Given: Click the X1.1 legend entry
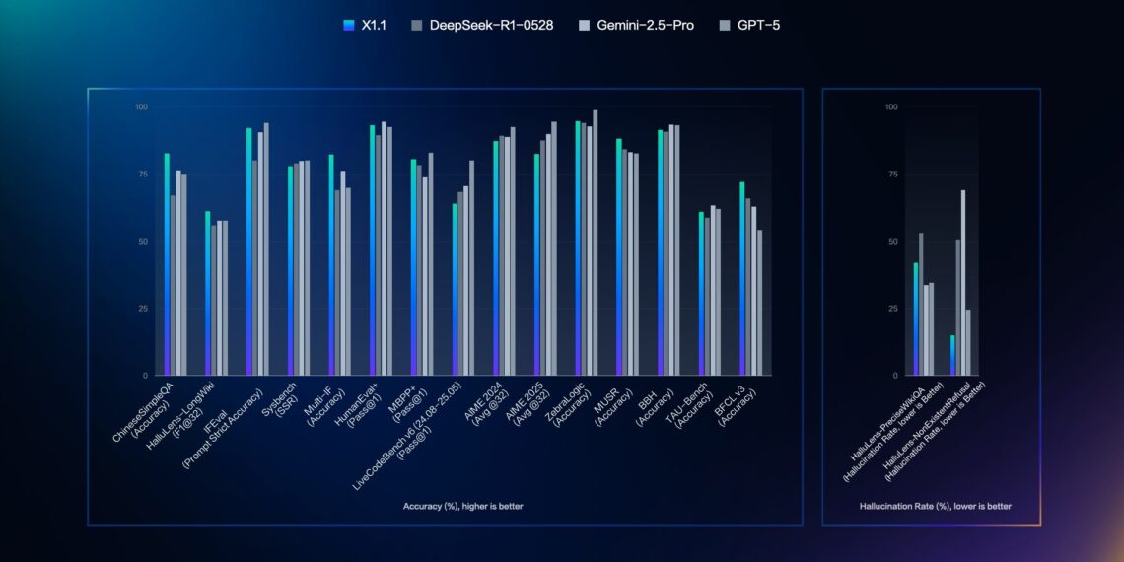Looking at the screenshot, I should click(364, 25).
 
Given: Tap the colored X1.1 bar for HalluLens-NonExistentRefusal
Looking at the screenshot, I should click(952, 355).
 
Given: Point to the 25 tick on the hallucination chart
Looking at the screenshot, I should click(892, 309).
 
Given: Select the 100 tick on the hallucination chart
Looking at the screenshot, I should click(890, 106).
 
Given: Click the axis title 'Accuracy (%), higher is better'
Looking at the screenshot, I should click(462, 506).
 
